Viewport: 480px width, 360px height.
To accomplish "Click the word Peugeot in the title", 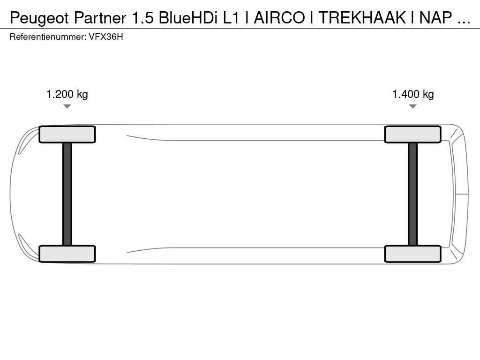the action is pyautogui.click(x=39, y=18).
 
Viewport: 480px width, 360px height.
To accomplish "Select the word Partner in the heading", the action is pyautogui.click(x=100, y=18).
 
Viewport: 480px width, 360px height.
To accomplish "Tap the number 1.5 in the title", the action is pyautogui.click(x=142, y=18).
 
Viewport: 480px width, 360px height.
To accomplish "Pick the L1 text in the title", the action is pyautogui.click(x=231, y=18).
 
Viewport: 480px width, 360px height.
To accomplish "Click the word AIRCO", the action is pyautogui.click(x=279, y=18).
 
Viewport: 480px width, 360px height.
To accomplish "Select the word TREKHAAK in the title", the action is pyautogui.click(x=362, y=18).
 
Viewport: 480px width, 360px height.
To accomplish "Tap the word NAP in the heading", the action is pyautogui.click(x=435, y=18).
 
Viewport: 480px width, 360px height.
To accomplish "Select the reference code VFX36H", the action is pyautogui.click(x=106, y=37).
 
